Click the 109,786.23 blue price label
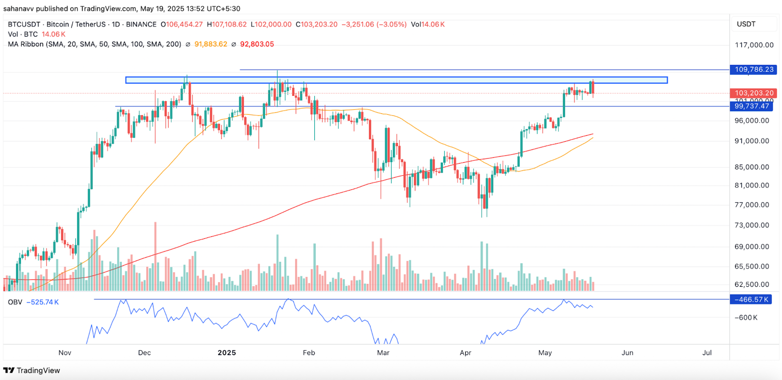pos(754,69)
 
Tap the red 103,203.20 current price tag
pos(754,93)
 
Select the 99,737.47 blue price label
pos(752,106)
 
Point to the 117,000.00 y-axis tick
pos(754,45)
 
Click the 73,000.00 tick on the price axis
pos(752,225)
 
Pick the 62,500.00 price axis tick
pos(752,284)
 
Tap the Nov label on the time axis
pos(65,353)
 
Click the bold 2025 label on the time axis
pos(227,353)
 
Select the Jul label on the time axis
pos(707,353)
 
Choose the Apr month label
pos(465,353)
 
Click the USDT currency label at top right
pos(746,24)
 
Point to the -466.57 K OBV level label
pos(752,299)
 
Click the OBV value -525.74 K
pos(43,302)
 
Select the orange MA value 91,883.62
pos(211,44)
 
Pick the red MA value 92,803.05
pos(257,44)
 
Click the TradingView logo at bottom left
pos(32,370)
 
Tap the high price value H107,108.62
pos(227,24)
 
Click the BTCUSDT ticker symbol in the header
pos(24,24)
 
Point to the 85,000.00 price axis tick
pos(752,167)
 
